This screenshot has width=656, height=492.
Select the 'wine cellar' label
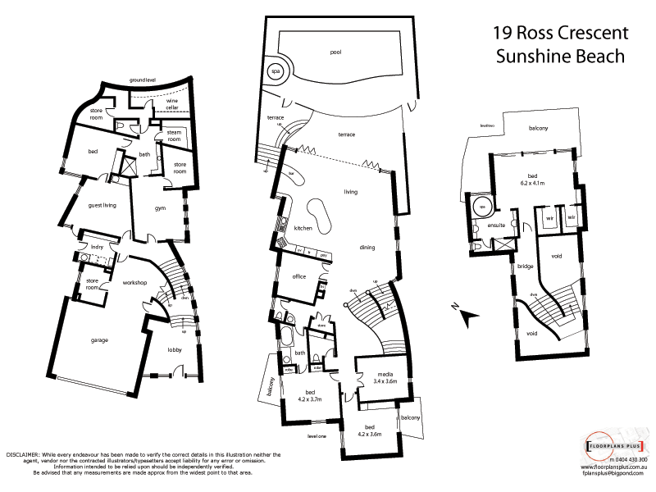[172, 103]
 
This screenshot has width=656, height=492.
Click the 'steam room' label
[174, 136]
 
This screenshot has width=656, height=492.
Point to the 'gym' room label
[161, 208]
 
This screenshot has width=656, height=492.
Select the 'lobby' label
[175, 349]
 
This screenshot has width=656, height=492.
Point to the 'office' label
[299, 276]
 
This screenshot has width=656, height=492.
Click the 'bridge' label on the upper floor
[525, 266]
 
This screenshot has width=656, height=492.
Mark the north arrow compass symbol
[465, 312]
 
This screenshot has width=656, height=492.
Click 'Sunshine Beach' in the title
[561, 57]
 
